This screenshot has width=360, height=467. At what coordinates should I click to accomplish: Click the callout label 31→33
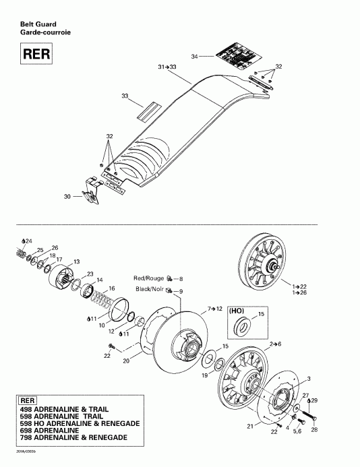click(x=167, y=67)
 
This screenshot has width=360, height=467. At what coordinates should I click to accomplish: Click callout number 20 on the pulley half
click(x=125, y=361)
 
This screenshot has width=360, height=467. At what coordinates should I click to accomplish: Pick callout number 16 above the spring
click(x=112, y=288)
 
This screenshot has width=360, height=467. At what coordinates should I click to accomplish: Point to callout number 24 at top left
click(x=28, y=241)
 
